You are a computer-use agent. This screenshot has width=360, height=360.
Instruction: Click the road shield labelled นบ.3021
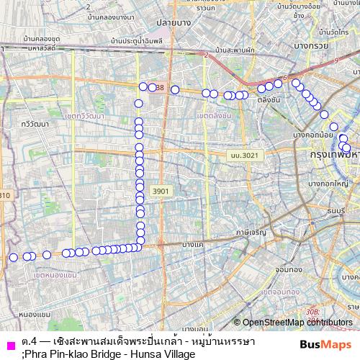(x=241, y=155)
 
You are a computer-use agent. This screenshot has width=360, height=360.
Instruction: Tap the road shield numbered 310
(x=4, y=195)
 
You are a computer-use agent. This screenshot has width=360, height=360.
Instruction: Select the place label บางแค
(x=193, y=246)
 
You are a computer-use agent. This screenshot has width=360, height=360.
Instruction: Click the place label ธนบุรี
(x=336, y=211)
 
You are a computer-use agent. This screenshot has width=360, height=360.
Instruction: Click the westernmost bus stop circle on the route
(x=13, y=258)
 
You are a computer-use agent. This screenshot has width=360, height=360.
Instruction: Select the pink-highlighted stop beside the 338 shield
(x=153, y=88)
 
